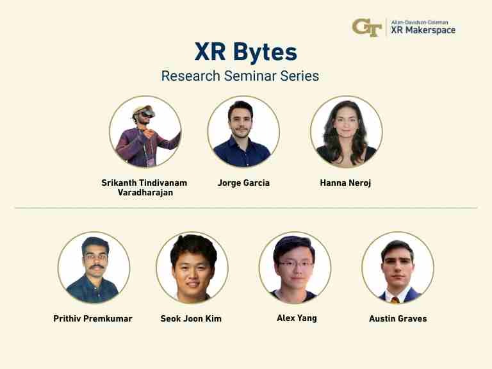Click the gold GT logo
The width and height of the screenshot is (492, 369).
(366, 28)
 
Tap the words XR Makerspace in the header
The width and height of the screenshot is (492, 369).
(423, 30)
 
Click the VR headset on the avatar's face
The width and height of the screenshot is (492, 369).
(145, 115)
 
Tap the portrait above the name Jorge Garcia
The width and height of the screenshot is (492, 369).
(243, 132)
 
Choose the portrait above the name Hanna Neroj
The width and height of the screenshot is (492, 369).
(346, 132)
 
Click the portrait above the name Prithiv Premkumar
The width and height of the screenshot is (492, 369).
(94, 268)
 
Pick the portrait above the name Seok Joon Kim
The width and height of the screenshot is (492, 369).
(192, 268)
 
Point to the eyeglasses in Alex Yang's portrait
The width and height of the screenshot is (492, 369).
(294, 263)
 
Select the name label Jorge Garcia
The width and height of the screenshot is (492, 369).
(243, 183)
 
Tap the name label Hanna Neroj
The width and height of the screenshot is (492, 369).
(345, 183)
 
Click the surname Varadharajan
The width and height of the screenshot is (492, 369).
(145, 193)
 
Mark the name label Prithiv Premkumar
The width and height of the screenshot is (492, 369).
(93, 318)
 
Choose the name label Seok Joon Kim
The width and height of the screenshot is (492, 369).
(191, 318)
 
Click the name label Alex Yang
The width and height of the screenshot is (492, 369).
(297, 318)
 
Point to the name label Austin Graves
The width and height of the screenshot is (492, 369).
(398, 318)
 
